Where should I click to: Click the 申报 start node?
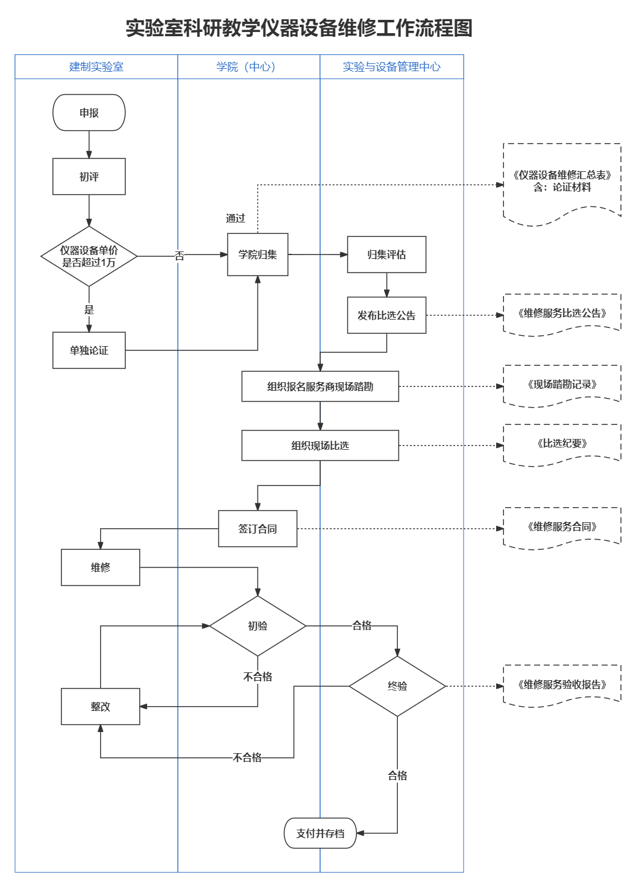coord(89,113)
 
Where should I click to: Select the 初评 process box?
coord(89,177)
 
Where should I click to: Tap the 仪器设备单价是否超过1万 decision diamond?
coord(89,256)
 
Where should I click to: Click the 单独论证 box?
coord(89,350)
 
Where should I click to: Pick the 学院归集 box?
coord(257,254)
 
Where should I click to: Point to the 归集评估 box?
coord(386,254)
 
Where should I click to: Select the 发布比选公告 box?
coord(386,315)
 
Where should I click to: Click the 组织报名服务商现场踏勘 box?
coord(320,387)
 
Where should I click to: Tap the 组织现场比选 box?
coord(320,446)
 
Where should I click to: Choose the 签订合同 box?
coord(257,529)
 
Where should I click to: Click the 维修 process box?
coord(101,567)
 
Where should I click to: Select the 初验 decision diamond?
coord(257,626)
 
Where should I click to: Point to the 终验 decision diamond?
coord(397,686)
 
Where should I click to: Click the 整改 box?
coord(101,707)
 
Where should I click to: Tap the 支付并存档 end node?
coord(320,833)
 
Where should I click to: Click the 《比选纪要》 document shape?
coord(562,444)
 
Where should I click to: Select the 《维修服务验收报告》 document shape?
coord(562,684)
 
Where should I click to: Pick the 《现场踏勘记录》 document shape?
coord(562,385)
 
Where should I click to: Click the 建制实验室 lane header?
coord(96,67)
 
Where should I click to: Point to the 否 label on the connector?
coord(179,256)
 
